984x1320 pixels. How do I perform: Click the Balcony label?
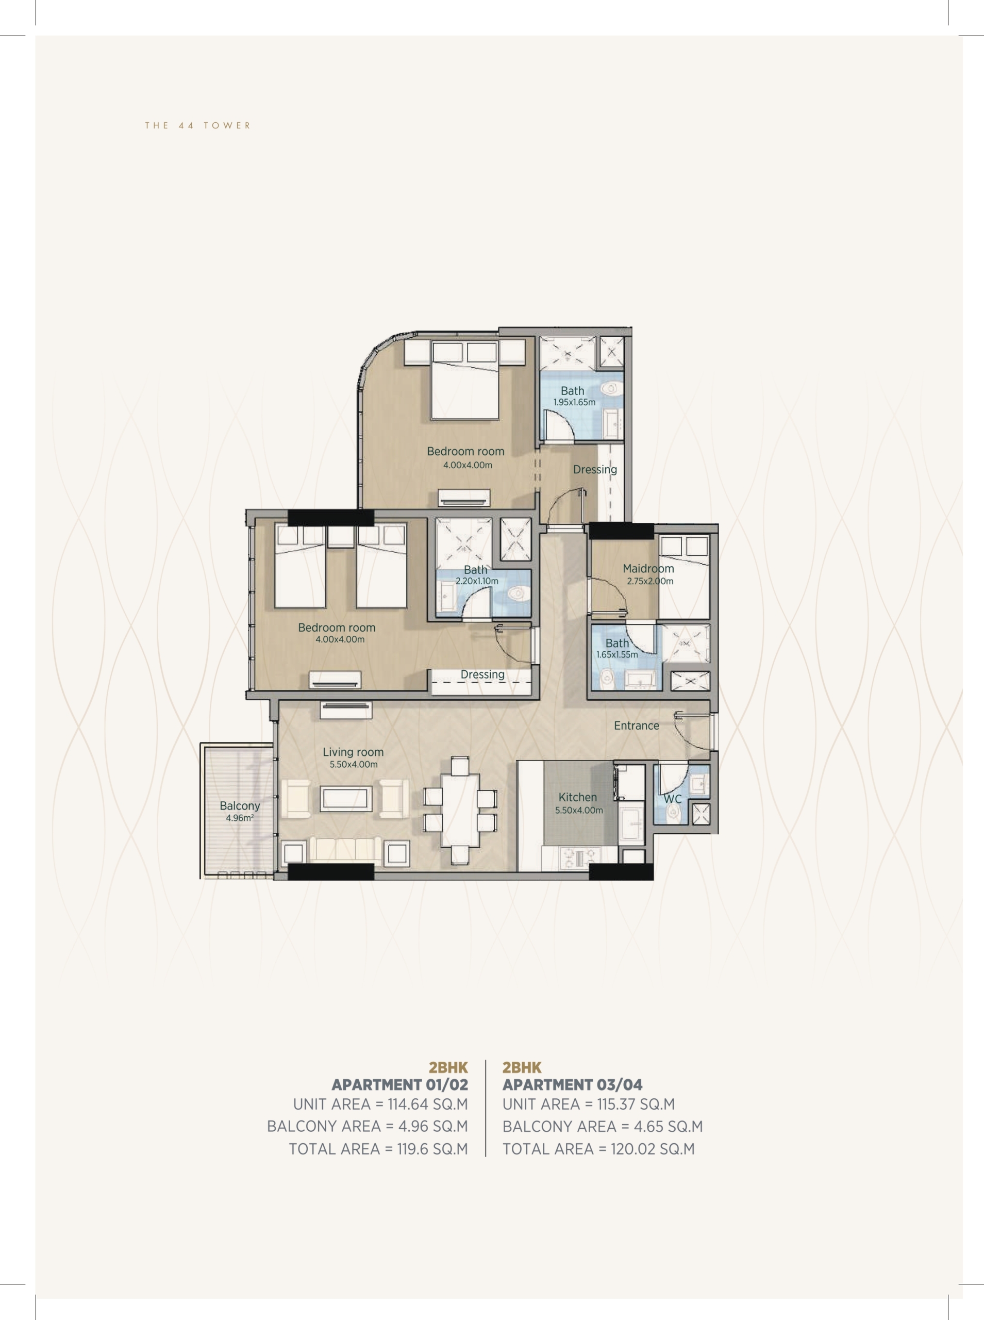240,806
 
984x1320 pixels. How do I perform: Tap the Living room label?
353,752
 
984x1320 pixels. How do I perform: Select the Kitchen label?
577,797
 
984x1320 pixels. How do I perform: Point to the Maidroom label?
648,568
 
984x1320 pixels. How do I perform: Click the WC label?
673,799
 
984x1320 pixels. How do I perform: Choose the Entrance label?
636,725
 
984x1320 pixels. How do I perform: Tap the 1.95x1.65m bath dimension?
574,402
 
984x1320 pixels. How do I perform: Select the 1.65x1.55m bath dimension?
616,654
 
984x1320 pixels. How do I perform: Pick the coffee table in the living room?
346,799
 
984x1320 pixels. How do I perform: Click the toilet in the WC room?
674,811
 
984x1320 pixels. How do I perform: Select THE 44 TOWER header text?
198,125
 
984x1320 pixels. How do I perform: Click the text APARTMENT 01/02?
399,1084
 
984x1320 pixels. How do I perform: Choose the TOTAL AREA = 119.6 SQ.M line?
378,1149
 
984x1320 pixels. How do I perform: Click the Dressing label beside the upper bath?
594,469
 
